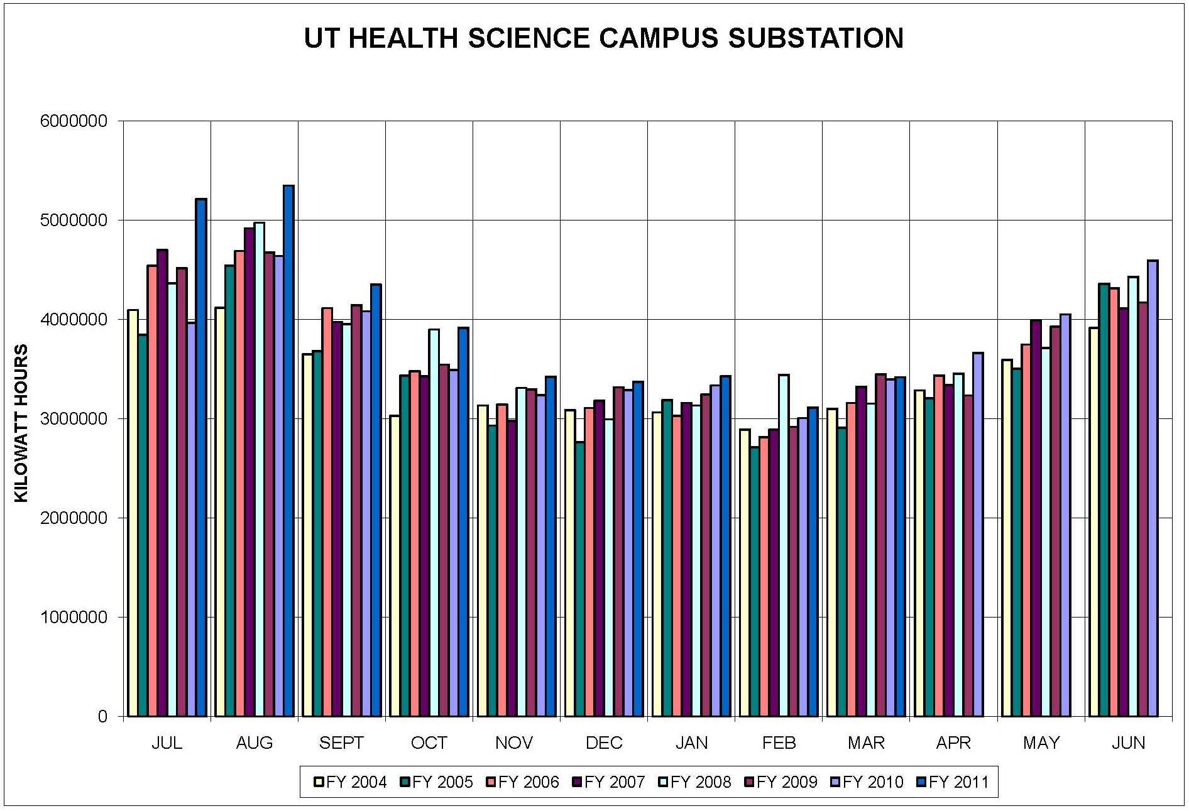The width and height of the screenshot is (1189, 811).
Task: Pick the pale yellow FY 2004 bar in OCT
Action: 395,565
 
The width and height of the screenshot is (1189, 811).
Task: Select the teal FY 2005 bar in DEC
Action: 579,579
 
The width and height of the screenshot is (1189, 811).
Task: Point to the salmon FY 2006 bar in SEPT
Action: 327,512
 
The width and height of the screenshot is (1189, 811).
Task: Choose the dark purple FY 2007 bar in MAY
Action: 1036,518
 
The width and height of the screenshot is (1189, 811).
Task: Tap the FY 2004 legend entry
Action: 351,782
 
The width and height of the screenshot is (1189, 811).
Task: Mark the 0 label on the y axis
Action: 102,717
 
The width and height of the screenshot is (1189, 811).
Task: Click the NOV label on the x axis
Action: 514,743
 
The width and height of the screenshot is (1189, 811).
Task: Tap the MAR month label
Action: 866,743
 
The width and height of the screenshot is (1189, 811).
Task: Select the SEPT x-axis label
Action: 341,743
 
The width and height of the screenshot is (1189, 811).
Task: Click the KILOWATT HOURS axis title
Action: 21,423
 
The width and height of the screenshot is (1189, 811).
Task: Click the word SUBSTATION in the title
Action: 816,38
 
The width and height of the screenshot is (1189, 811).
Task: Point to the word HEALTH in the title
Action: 403,38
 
